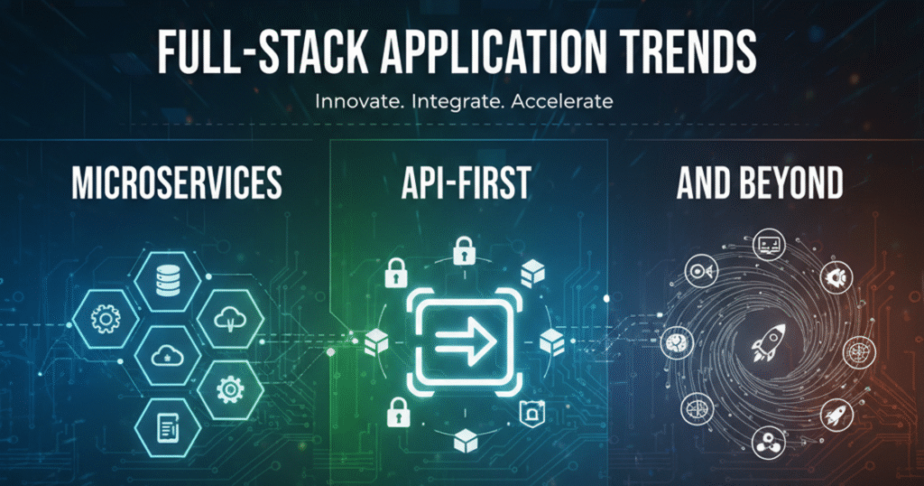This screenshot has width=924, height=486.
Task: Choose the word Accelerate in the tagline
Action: (561, 101)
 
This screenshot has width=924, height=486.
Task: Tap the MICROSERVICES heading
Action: (177, 182)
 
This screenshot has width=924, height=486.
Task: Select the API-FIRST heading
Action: (467, 182)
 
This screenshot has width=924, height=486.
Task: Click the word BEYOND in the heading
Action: (791, 182)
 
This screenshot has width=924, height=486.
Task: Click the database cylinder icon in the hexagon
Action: (168, 280)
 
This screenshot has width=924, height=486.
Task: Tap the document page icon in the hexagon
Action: (168, 427)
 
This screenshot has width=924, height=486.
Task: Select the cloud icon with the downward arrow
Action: (230, 320)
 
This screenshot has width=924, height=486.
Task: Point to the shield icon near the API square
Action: (531, 414)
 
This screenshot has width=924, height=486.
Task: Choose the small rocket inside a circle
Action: (836, 415)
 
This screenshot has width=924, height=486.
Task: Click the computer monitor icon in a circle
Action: (769, 244)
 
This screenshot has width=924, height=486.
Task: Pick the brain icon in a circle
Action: (676, 342)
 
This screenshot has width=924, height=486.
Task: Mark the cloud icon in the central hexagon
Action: (168, 356)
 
